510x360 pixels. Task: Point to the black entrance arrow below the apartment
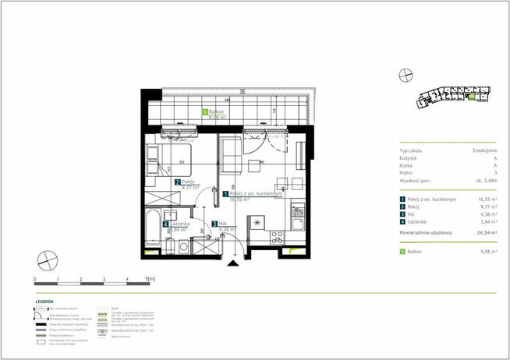coord(232,264)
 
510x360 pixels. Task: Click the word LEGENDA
coord(44,300)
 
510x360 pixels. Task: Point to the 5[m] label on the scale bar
coord(150,278)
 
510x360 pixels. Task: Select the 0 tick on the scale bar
coord(36,278)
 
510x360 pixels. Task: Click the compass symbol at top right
coord(404,75)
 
